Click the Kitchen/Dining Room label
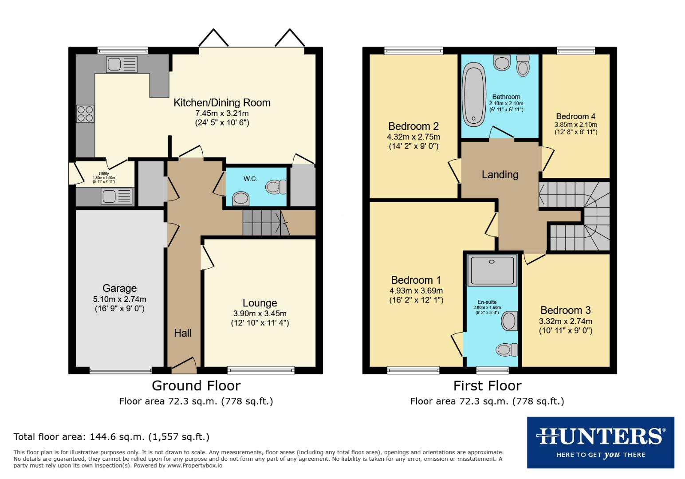click(x=222, y=103)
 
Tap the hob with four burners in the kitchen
click(x=85, y=113)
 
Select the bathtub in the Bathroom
click(x=474, y=94)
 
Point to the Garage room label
click(x=119, y=288)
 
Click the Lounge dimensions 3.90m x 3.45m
click(x=260, y=314)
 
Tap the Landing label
click(x=500, y=175)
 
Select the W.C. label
click(x=250, y=179)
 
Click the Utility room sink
click(x=117, y=196)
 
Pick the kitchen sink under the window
click(x=122, y=65)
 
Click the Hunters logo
click(x=600, y=442)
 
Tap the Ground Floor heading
click(x=196, y=385)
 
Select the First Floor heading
click(x=487, y=385)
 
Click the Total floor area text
click(x=111, y=436)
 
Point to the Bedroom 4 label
click(x=575, y=117)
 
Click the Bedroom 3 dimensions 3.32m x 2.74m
click(x=566, y=322)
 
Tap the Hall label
click(x=183, y=333)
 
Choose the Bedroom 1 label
click(x=416, y=280)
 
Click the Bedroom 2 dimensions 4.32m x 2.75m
click(x=413, y=137)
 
